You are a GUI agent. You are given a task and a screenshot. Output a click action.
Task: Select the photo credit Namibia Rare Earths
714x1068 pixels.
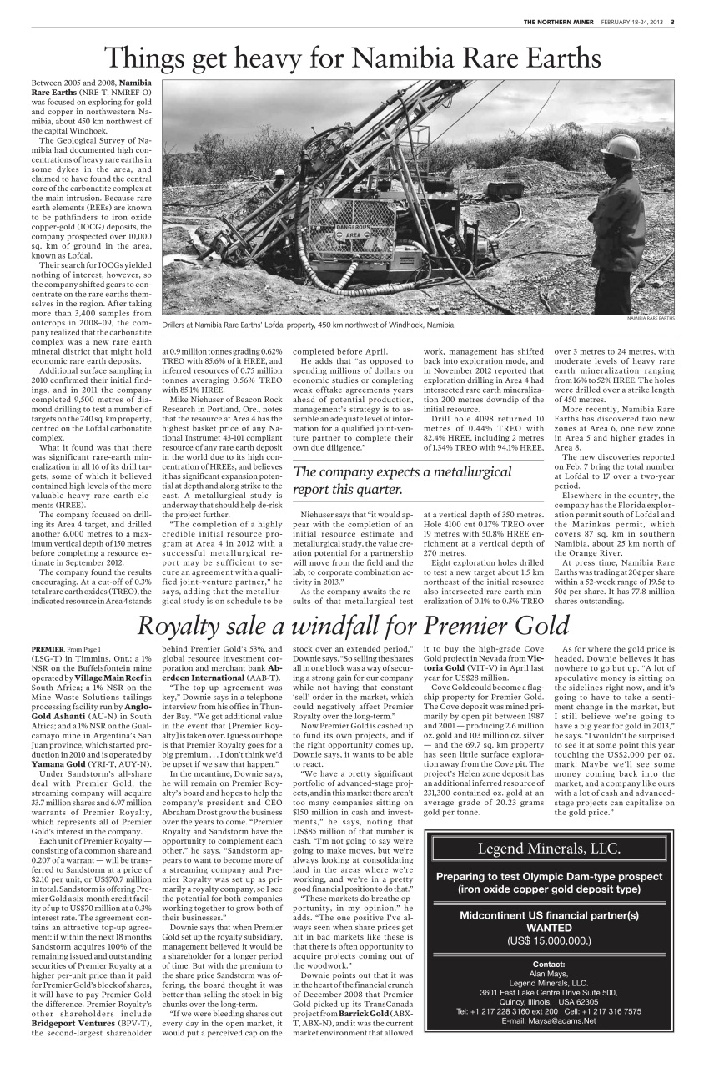(x=650, y=319)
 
